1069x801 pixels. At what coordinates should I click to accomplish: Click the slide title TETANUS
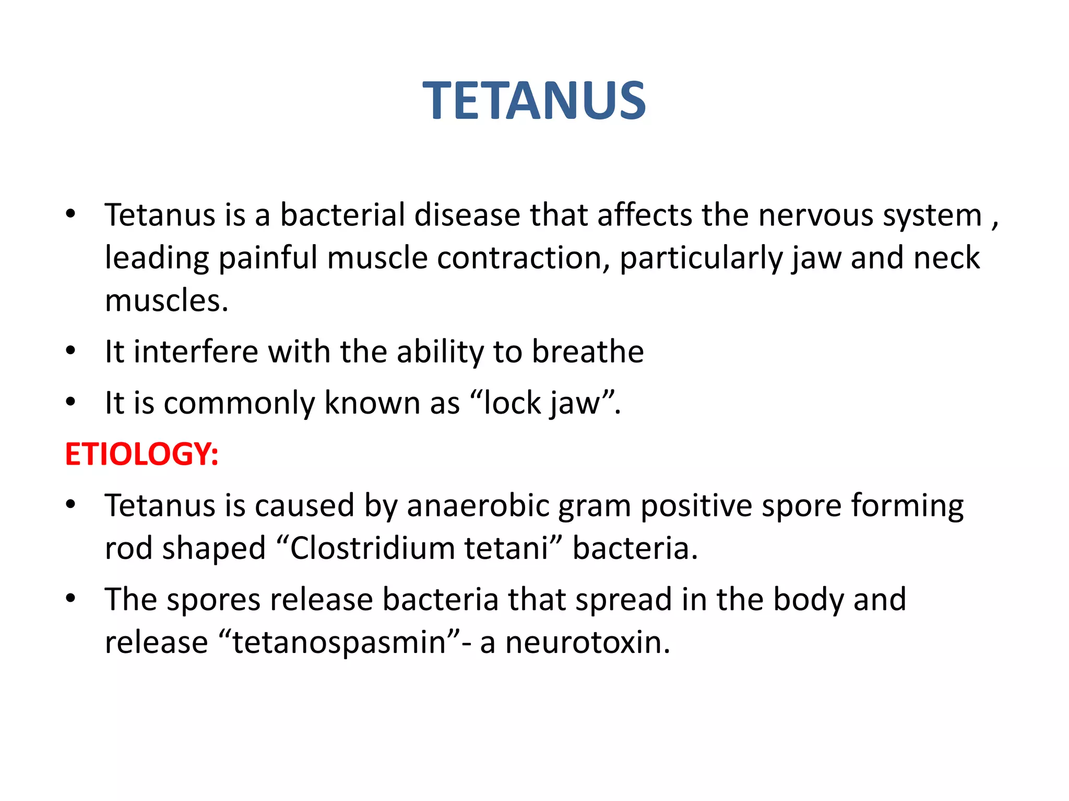[x=534, y=101]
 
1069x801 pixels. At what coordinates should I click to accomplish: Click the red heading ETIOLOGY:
[x=141, y=454]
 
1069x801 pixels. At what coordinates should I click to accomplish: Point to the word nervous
[x=815, y=215]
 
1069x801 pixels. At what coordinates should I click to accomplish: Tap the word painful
[x=268, y=258]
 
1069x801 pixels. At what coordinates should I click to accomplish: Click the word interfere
[x=196, y=351]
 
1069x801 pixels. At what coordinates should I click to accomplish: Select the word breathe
[x=588, y=351]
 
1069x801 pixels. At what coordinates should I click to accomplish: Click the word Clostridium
[x=373, y=549]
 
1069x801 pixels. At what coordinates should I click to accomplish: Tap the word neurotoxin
[x=587, y=642]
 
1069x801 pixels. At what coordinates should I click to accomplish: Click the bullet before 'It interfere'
[x=70, y=350]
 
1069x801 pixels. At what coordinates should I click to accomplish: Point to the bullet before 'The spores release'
[x=70, y=598]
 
